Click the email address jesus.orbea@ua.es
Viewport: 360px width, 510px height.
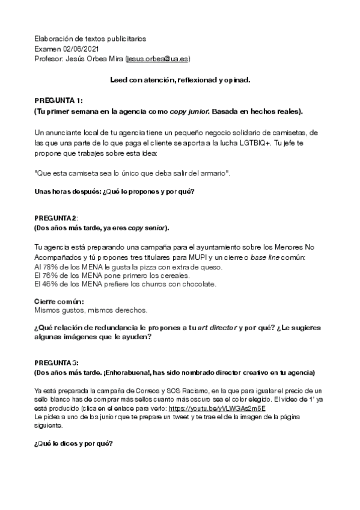[158, 59]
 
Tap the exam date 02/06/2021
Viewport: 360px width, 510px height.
[81, 49]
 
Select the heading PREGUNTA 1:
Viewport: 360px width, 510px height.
[58, 100]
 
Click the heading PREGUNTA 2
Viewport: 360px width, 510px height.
[56, 217]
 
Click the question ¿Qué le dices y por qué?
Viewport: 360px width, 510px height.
[73, 444]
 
